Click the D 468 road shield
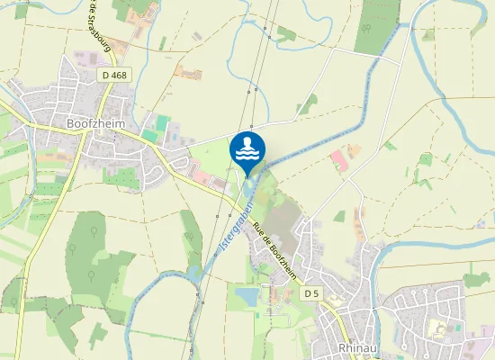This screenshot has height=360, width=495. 114,75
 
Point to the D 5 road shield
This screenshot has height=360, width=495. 310,294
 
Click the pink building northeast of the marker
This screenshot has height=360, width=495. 338,162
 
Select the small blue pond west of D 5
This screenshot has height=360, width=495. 246,296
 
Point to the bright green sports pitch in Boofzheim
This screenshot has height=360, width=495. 163,122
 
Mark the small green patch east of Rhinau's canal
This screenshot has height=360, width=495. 476,278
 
